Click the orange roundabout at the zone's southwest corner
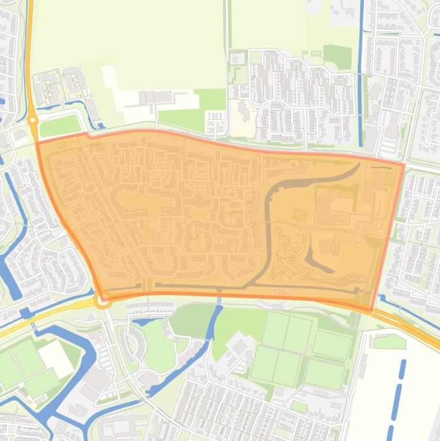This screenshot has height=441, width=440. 104,300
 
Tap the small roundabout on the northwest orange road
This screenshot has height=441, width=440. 33,120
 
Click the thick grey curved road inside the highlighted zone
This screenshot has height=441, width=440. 268,229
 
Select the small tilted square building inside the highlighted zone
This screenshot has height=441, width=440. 299,215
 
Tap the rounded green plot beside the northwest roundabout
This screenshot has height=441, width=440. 60,125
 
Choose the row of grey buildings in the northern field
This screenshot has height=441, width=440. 154,97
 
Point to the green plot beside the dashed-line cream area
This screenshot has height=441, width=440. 389,342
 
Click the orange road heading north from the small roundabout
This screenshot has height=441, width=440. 29,57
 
